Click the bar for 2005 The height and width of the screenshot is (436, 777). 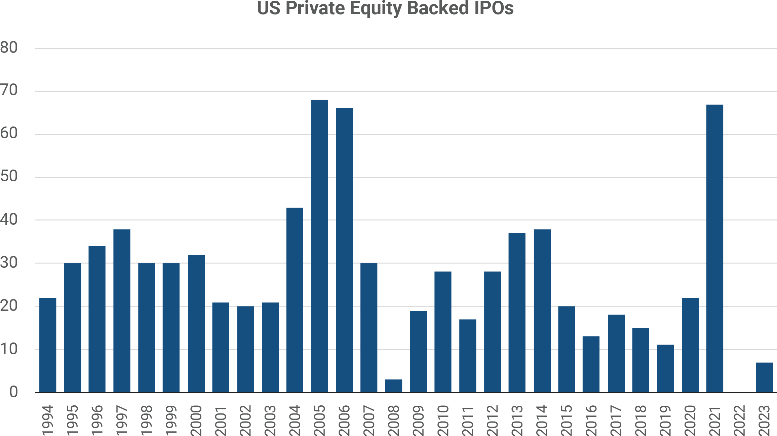pyautogui.click(x=319, y=246)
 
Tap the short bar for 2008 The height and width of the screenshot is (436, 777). pyautogui.click(x=393, y=386)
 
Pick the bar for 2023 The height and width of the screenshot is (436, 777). pyautogui.click(x=764, y=377)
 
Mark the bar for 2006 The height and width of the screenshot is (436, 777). pyautogui.click(x=344, y=250)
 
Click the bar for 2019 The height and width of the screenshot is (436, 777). pyautogui.click(x=665, y=368)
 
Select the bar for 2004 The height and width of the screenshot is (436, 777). pyautogui.click(x=295, y=300)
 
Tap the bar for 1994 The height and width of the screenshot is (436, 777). pyautogui.click(x=48, y=345)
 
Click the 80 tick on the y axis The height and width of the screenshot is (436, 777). pyautogui.click(x=9, y=48)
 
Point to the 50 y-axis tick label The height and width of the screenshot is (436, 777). pyautogui.click(x=9, y=177)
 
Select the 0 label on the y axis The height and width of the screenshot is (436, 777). pyautogui.click(x=13, y=392)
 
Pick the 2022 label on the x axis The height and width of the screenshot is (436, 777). pyautogui.click(x=740, y=421)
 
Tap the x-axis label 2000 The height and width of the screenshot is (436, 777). pyautogui.click(x=196, y=421)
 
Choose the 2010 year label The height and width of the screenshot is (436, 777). pyautogui.click(x=443, y=421)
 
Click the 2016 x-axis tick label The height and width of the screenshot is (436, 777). pyautogui.click(x=591, y=421)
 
